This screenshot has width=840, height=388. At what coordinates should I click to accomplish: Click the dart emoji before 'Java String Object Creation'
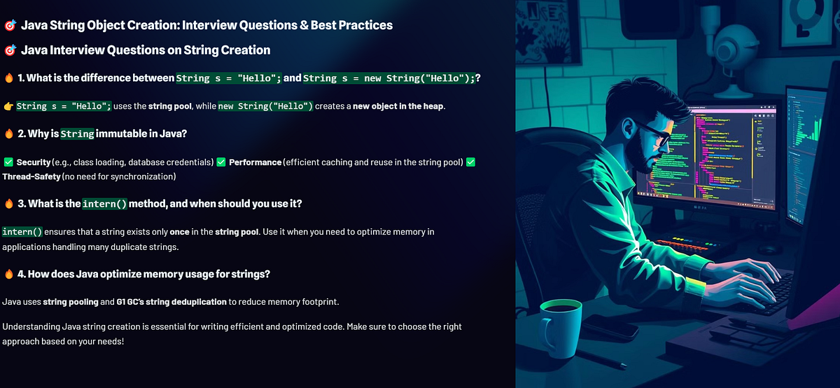10,25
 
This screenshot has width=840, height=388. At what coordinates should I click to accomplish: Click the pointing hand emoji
8,106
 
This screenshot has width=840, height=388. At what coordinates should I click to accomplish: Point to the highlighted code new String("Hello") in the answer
265,106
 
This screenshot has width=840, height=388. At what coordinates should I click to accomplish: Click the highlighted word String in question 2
77,133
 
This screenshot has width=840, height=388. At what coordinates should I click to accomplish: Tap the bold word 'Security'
34,162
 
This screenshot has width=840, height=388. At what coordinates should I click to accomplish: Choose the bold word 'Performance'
255,162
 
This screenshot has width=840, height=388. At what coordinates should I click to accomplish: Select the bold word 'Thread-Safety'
31,176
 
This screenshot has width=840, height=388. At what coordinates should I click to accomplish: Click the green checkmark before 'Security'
8,162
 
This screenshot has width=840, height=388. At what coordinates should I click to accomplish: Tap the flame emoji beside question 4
8,274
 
